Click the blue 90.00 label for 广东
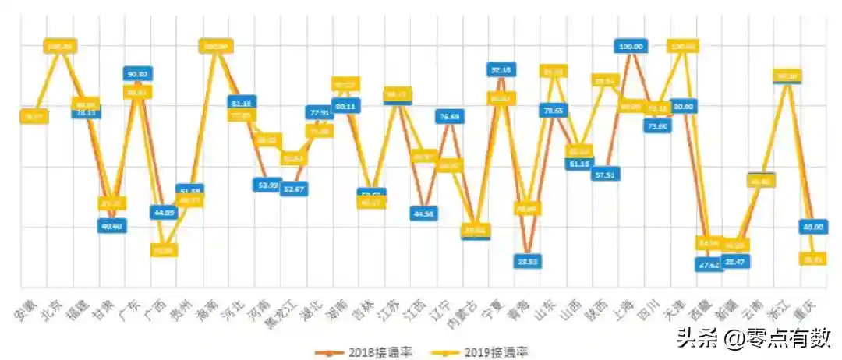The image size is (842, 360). [137, 73]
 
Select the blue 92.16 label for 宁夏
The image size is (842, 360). [501, 70]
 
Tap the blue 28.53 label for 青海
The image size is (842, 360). [527, 261]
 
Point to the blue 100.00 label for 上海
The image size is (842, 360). [631, 47]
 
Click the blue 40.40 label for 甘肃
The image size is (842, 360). [111, 225]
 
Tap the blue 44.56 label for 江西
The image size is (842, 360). [423, 213]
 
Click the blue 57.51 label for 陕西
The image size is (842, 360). [605, 175]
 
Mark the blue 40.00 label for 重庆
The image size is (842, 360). [813, 226]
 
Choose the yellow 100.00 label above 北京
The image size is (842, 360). [59, 47]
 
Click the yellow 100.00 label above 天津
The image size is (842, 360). [683, 47]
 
